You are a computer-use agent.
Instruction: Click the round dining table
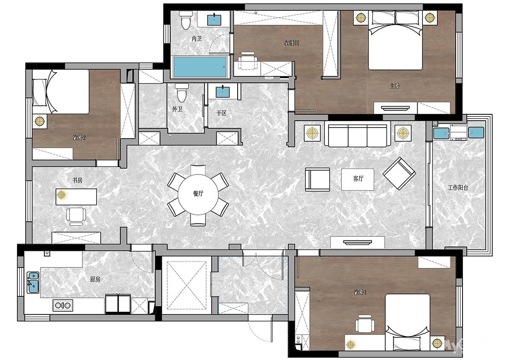point(198,195)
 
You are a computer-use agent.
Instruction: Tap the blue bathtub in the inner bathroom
point(200,67)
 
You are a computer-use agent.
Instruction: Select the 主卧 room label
point(395,86)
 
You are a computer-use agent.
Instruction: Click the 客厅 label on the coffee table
point(358,179)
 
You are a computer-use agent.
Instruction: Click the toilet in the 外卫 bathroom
point(182,93)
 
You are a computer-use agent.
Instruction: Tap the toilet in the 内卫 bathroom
point(186,20)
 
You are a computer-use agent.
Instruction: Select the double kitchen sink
point(33,282)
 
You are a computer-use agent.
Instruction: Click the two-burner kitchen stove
point(63,305)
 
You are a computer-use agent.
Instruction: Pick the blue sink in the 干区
point(223,92)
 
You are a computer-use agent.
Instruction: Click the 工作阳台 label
point(458,188)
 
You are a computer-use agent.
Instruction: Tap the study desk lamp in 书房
point(61,195)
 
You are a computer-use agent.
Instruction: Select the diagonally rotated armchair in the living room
point(399,174)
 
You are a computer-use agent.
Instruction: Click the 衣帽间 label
point(291,43)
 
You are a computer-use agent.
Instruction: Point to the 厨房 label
point(95,279)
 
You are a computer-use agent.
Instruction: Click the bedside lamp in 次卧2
point(40,121)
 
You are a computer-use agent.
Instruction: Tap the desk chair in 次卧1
point(365,324)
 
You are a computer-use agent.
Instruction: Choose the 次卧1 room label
point(361,292)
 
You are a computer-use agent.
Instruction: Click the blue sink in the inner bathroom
point(214,20)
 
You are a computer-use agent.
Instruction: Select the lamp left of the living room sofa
point(312,133)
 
